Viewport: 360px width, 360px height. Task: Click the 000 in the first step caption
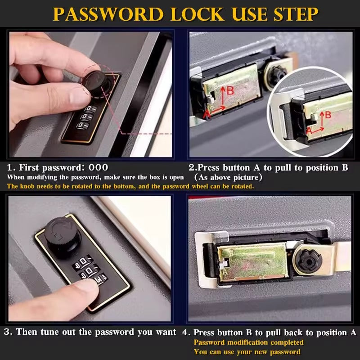98,168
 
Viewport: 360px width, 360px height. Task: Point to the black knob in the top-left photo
95,81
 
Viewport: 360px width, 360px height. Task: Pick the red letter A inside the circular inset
309,130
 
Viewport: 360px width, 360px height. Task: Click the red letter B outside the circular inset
230,91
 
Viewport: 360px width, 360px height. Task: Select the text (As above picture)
229,177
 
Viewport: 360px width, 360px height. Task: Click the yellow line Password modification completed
248,342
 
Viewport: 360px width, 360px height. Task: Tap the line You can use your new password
247,351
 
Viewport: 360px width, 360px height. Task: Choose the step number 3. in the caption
8,332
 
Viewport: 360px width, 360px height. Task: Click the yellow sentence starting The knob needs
130,186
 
